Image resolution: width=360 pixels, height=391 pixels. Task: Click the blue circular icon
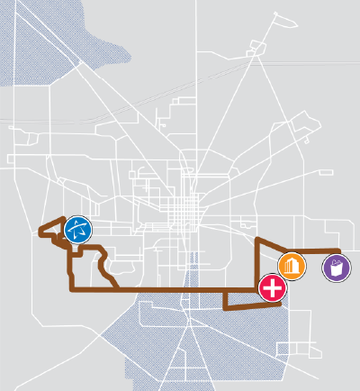pyautogui.click(x=77, y=229)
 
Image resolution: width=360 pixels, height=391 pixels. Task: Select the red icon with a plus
pyautogui.click(x=272, y=288)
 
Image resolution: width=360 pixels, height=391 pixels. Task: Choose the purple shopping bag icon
pyautogui.click(x=337, y=268)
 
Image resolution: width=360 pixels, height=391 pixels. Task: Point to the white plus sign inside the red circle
pyautogui.click(x=272, y=288)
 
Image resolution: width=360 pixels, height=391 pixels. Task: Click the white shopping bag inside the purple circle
pyautogui.click(x=337, y=268)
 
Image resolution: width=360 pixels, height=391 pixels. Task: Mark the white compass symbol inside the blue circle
pyautogui.click(x=77, y=229)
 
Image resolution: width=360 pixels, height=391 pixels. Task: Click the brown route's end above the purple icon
pyautogui.click(x=338, y=250)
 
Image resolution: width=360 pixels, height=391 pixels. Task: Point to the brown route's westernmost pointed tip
pyautogui.click(x=38, y=232)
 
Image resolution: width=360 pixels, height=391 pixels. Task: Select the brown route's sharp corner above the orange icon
pyautogui.click(x=258, y=241)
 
